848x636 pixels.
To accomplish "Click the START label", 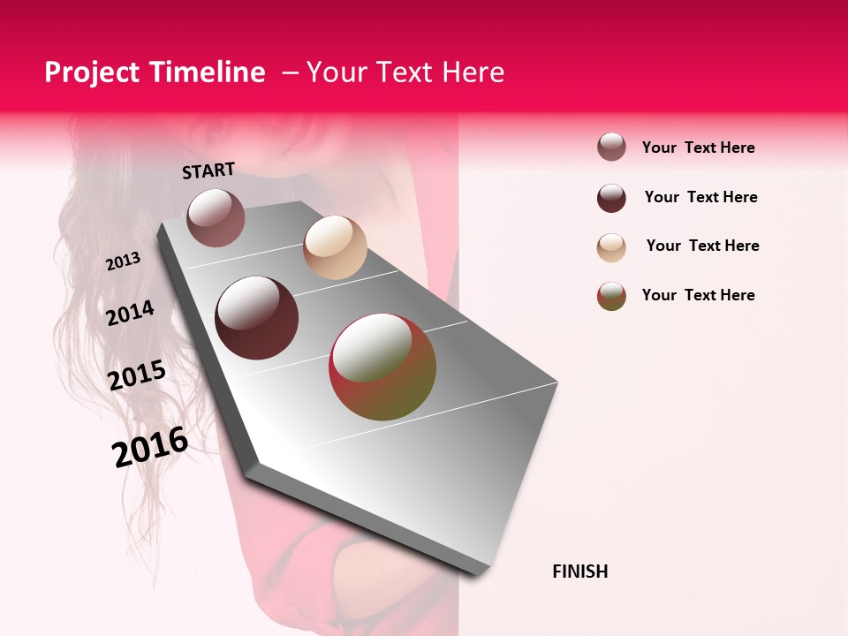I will point(208,170).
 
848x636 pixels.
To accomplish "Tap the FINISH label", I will point(580,572).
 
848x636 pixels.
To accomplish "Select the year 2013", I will point(124,261).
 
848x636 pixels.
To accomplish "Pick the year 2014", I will point(131,313).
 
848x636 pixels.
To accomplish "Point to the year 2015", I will point(137,375).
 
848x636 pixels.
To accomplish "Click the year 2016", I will point(150,446).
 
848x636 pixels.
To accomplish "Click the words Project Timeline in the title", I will point(155,72).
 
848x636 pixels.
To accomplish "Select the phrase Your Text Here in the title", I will point(405,72).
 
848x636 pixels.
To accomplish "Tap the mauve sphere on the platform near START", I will point(216,217).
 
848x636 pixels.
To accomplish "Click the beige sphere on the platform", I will point(335,247).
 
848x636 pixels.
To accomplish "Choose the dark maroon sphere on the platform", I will point(257,318).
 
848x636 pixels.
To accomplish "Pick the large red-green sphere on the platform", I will point(382,367).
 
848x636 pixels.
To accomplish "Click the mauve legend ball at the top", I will point(611,147).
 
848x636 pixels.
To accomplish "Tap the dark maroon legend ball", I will point(611,198).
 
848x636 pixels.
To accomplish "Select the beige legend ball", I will point(611,247).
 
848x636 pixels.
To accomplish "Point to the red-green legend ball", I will point(611,296).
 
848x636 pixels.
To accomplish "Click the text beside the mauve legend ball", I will point(699,148).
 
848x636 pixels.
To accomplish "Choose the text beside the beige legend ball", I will point(703,246).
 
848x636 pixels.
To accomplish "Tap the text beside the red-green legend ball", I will point(699,295).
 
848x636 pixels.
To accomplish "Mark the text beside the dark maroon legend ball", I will point(701,197).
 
